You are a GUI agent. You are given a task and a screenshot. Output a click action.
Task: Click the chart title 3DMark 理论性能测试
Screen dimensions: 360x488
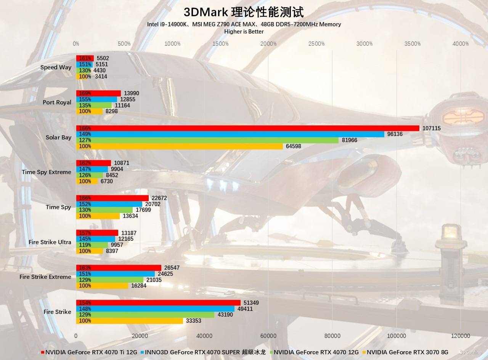pyautogui.click(x=244, y=12)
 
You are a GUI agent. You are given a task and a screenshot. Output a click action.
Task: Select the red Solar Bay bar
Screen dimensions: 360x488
pyautogui.click(x=248, y=128)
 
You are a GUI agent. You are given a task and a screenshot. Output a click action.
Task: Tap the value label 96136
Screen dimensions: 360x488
pyautogui.click(x=395, y=134)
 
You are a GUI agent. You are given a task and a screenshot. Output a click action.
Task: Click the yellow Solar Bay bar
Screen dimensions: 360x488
pyautogui.click(x=180, y=146)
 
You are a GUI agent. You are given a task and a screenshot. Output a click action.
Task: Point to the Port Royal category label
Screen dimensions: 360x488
pyautogui.click(x=57, y=102)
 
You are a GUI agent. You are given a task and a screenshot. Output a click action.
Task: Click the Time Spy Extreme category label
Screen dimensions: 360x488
pyautogui.click(x=46, y=172)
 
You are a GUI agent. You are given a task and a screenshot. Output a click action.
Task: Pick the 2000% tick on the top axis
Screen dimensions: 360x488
pyautogui.click(x=268, y=44)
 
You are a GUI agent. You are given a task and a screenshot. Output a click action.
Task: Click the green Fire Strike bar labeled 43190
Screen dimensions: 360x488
pyautogui.click(x=145, y=315)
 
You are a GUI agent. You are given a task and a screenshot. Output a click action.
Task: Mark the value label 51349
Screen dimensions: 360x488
pyautogui.click(x=251, y=303)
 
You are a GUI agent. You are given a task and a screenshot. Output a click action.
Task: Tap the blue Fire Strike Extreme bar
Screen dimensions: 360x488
pyautogui.click(x=116, y=274)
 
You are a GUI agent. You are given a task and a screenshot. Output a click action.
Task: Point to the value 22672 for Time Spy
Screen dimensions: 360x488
pyautogui.click(x=159, y=198)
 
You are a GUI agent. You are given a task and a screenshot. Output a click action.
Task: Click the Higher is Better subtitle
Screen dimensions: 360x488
pyautogui.click(x=244, y=32)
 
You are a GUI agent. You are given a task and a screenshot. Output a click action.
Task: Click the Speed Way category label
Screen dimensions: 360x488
pyautogui.click(x=56, y=67)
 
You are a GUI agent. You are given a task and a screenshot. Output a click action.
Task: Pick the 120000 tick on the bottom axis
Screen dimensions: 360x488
pyautogui.click(x=460, y=336)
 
